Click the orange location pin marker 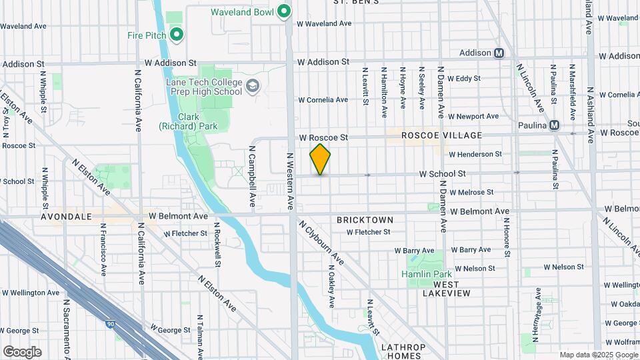point(320,159)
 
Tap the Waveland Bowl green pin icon point(284,11)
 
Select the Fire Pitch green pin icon point(176,34)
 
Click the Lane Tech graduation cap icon point(253,86)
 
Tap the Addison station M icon point(499,53)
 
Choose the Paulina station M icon point(554,125)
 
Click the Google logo point(22,352)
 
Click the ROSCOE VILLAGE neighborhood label point(441,135)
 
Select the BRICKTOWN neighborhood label point(365,219)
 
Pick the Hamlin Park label point(426,274)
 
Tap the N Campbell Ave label point(253,176)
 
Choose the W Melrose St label point(471,192)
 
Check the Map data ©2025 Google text point(599,355)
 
